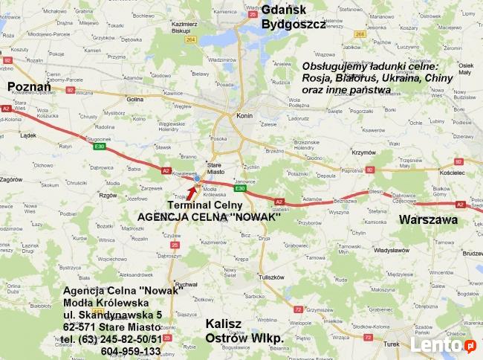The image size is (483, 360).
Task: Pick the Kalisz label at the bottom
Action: click(x=225, y=324)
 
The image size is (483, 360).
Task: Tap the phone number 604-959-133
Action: click(x=130, y=351)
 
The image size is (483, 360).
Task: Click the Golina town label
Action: click(x=134, y=98)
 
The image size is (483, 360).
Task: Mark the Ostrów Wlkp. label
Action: click(x=244, y=339)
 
